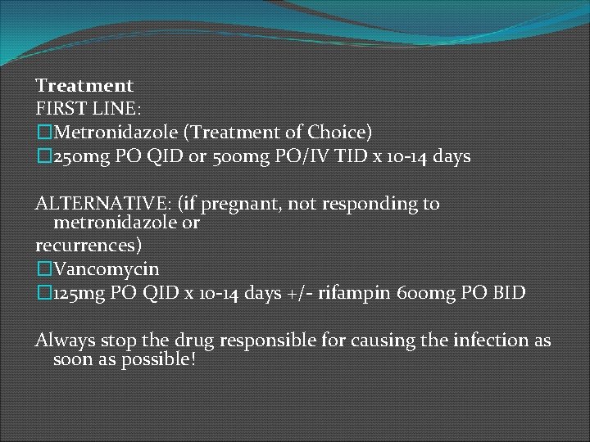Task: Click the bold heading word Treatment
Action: point(84,85)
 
